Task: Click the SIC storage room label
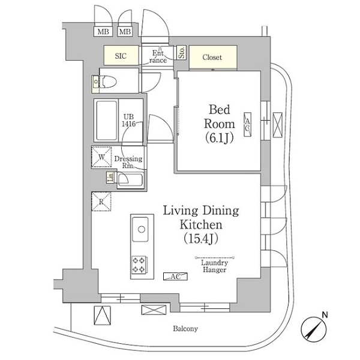(x=121, y=56)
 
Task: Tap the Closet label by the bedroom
(x=212, y=57)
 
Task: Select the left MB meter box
(x=103, y=31)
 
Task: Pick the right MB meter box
(x=125, y=31)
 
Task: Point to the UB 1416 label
(x=128, y=120)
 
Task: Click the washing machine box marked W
(x=101, y=157)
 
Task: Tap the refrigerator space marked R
(x=101, y=202)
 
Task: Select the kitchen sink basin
(x=140, y=229)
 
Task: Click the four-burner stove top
(x=139, y=265)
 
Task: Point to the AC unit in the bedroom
(x=247, y=125)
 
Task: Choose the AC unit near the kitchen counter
(x=175, y=277)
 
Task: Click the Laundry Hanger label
(x=214, y=266)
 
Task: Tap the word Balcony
(x=185, y=329)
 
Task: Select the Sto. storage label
(x=181, y=53)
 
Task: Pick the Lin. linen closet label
(x=111, y=178)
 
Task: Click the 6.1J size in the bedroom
(x=219, y=138)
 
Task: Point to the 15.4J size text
(x=201, y=239)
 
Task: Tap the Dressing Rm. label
(x=128, y=162)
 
